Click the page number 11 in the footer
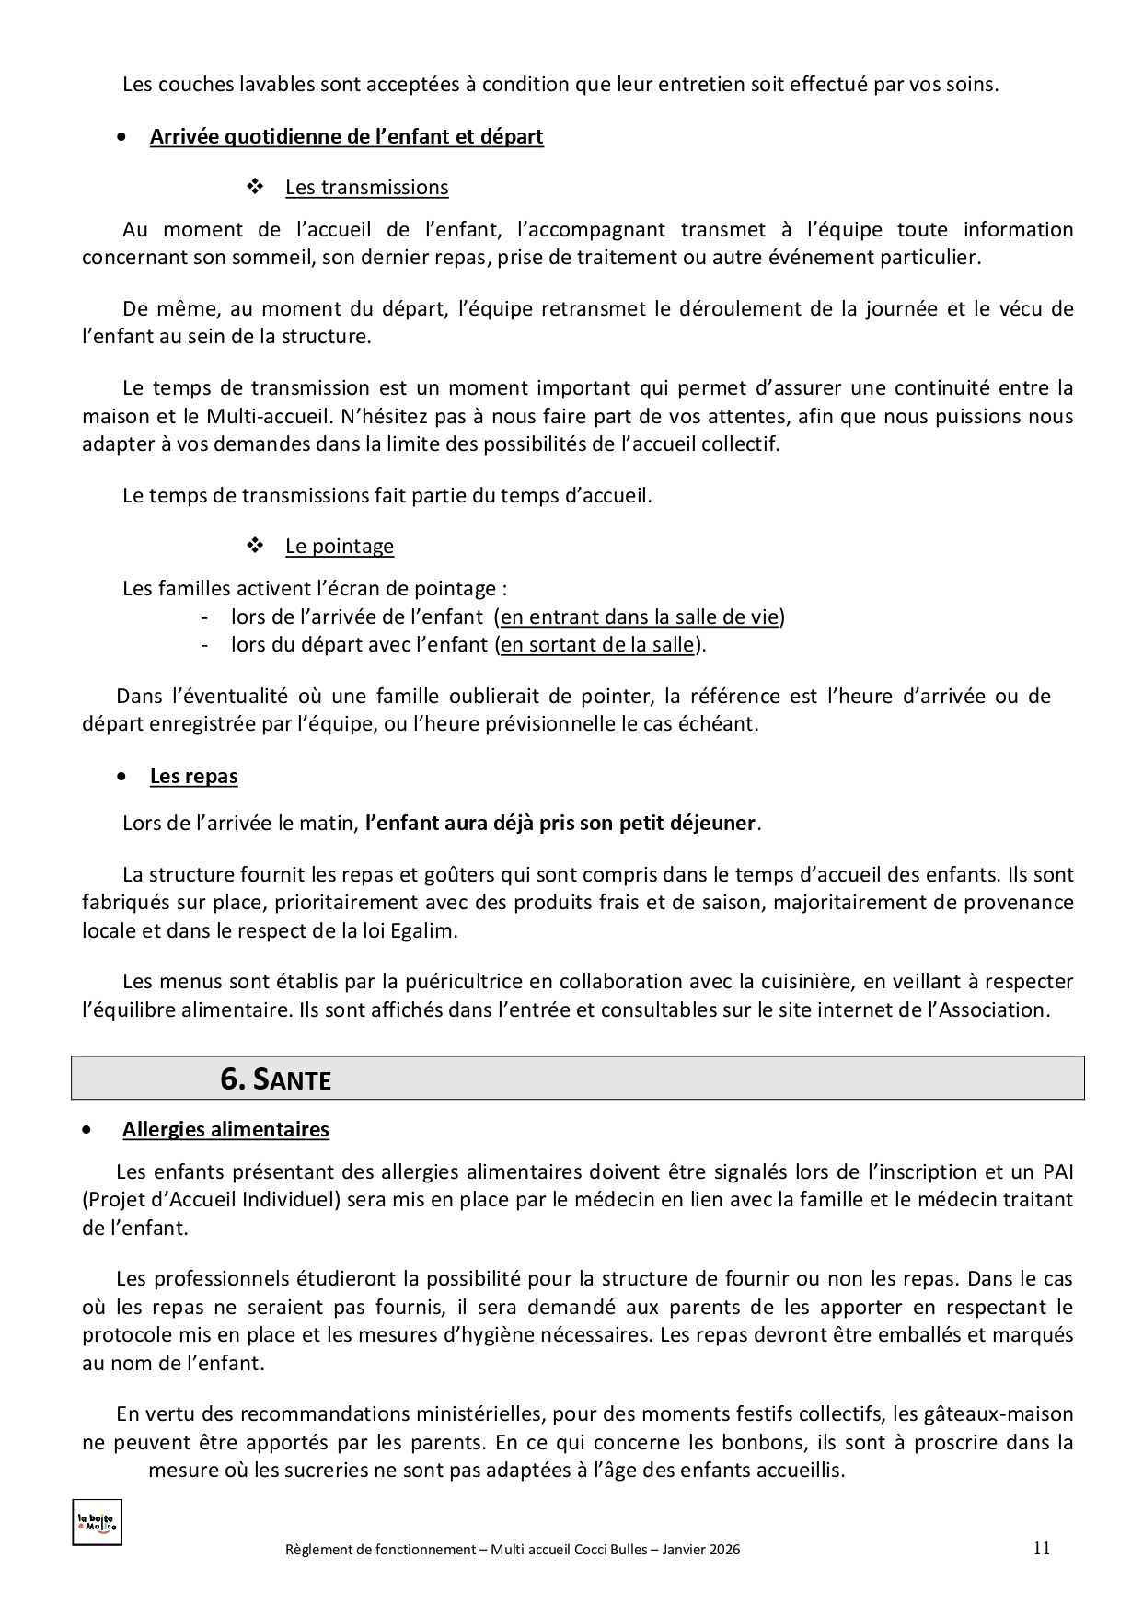click(1041, 1547)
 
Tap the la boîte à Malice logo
click(97, 1523)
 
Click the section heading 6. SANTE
click(275, 1079)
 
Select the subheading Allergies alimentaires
click(225, 1129)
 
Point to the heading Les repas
click(193, 777)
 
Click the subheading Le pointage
click(339, 546)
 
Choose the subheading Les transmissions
click(366, 187)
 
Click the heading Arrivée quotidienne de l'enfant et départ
click(346, 137)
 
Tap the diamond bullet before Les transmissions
click(255, 187)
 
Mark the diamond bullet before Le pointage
click(255, 546)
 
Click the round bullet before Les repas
click(123, 777)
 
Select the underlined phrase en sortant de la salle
click(596, 644)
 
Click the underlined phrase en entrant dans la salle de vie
click(640, 617)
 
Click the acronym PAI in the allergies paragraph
click(1057, 1171)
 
